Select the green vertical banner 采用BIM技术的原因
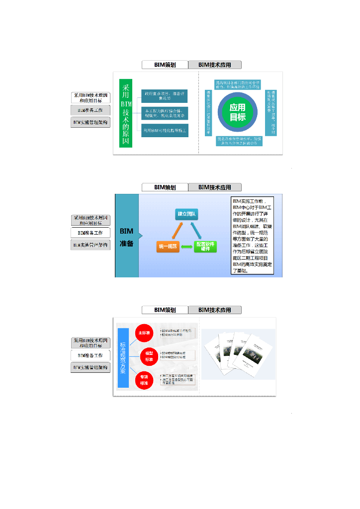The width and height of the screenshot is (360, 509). pyautogui.click(x=126, y=113)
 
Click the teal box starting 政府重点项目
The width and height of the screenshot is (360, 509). pyautogui.click(x=165, y=95)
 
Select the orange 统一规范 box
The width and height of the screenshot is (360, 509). pyautogui.click(x=168, y=246)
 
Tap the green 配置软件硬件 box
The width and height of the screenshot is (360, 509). pyautogui.click(x=205, y=246)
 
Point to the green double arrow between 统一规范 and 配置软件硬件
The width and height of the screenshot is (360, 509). pyautogui.click(x=186, y=246)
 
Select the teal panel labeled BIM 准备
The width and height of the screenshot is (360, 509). pyautogui.click(x=127, y=236)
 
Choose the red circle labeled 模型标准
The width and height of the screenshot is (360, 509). pyautogui.click(x=149, y=356)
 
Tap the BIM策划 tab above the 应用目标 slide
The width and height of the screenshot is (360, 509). pyautogui.click(x=165, y=65)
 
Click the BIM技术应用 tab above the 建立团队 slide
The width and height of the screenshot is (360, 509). pyautogui.click(x=215, y=187)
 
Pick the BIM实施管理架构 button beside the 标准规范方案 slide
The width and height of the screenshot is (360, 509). pyautogui.click(x=90, y=367)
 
